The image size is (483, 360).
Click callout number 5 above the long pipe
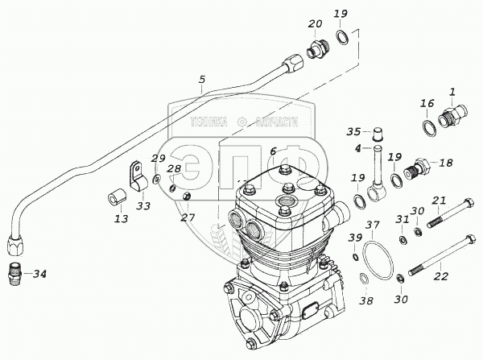[x=202, y=80]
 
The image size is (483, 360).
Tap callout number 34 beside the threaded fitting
[x=39, y=274]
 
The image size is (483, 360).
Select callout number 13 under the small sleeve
[x=120, y=218]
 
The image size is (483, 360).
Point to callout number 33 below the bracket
[x=143, y=206]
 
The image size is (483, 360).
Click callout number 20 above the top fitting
[x=315, y=25]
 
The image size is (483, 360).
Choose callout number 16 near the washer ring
[x=427, y=103]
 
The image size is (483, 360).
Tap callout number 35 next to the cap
[x=353, y=131]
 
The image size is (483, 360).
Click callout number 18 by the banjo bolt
[x=445, y=162]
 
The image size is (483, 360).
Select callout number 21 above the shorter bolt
[x=439, y=200]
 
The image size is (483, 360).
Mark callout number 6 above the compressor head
[x=273, y=151]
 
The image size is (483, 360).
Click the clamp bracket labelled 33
[x=138, y=178]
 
